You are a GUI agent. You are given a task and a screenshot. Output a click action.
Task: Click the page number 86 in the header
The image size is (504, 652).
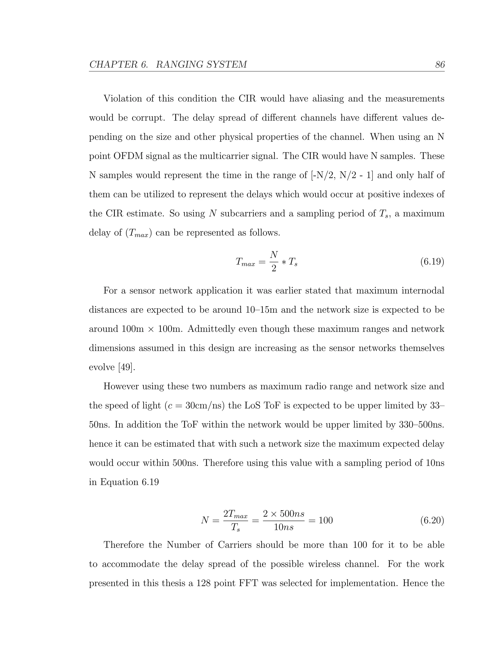coord(440,64)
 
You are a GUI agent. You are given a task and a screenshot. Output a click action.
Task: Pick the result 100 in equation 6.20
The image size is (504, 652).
coord(325,520)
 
